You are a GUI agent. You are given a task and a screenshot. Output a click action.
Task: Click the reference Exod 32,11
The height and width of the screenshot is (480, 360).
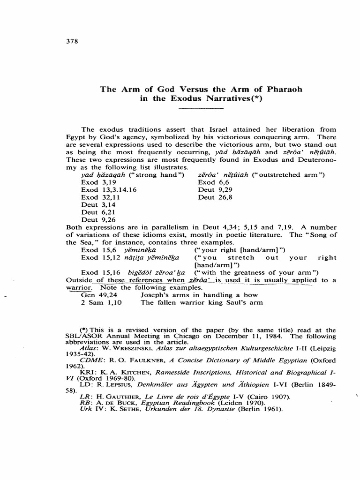click(x=99, y=197)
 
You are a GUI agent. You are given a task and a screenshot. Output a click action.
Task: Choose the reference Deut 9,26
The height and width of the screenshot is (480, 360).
click(x=97, y=219)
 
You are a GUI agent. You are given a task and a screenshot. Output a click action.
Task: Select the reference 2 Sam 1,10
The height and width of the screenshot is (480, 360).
click(x=101, y=302)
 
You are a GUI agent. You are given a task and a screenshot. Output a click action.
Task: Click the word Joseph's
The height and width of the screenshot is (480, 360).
click(x=156, y=295)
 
